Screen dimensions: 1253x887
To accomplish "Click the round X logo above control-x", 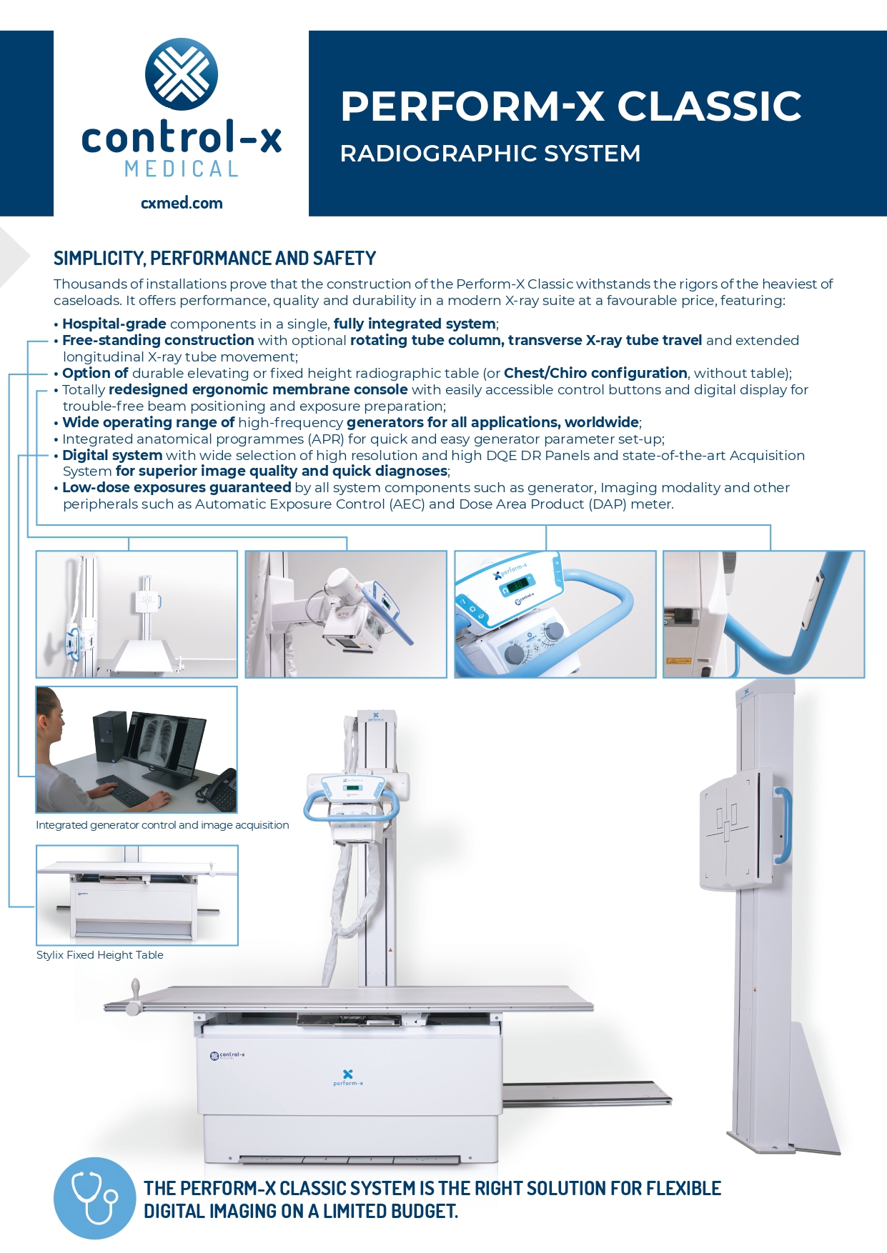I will coord(182,74).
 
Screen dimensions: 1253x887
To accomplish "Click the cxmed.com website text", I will coord(182,203).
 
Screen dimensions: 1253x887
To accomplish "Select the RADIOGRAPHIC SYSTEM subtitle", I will coord(490,154).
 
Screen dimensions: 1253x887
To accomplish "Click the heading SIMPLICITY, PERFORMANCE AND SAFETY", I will coord(214,259).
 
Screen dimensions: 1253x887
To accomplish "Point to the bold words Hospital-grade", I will coord(114,324).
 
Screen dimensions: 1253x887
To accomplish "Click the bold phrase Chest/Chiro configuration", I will coord(595,373).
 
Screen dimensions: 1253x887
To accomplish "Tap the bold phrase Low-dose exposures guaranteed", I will coord(177,487).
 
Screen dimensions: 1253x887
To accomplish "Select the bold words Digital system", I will coord(112,455).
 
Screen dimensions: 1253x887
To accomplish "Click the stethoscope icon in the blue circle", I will coord(94,1198).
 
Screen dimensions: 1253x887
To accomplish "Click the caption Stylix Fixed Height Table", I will coord(100,955).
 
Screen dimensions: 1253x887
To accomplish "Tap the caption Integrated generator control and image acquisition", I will coord(162,825).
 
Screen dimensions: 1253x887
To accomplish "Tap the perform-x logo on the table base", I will coord(348,1077).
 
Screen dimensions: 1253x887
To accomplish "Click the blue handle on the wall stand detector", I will coord(784,825).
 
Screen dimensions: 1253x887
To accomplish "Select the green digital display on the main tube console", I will coord(352,788).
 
